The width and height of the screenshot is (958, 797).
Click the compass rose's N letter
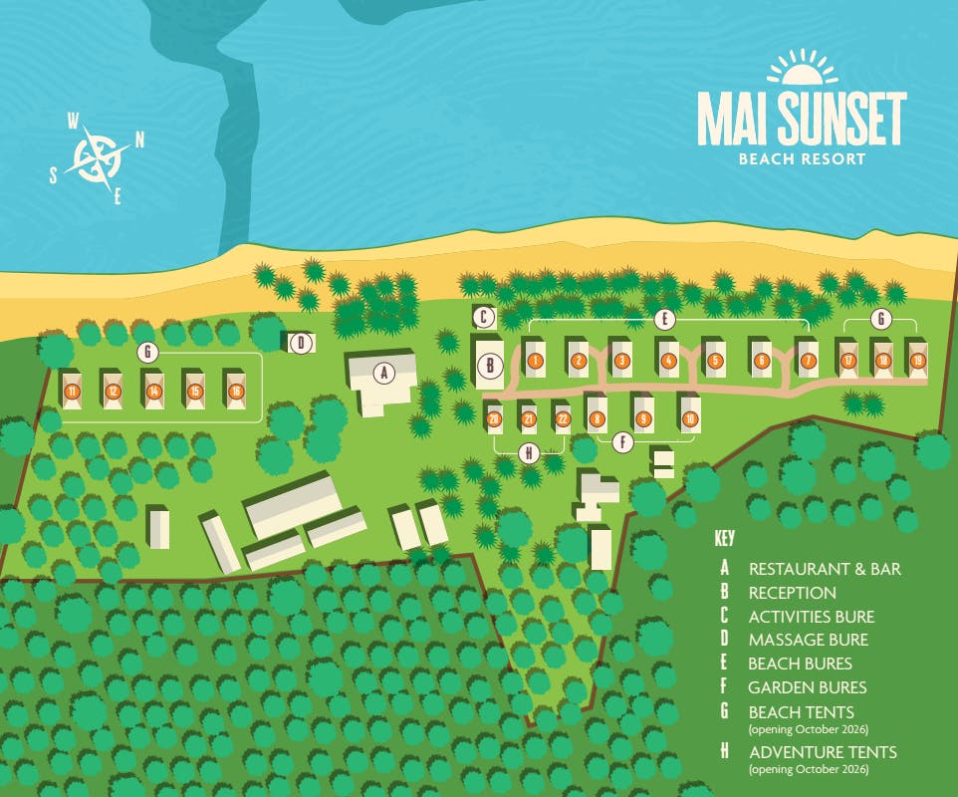(x=139, y=140)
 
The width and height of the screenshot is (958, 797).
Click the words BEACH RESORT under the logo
(x=801, y=157)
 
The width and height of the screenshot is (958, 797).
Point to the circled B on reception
(x=490, y=366)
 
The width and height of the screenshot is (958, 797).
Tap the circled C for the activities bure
(x=484, y=318)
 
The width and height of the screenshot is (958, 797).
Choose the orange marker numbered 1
(x=535, y=361)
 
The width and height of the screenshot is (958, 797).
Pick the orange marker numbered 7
(x=808, y=361)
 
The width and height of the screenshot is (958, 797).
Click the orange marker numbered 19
(x=917, y=361)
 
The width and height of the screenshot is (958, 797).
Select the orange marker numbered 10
(x=690, y=418)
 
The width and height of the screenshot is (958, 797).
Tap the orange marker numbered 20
(x=494, y=419)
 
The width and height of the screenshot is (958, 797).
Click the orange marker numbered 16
(x=235, y=392)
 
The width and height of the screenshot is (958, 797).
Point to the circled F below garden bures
(x=623, y=442)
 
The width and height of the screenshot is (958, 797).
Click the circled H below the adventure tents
(x=529, y=453)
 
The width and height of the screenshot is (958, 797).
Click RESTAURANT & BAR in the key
(x=824, y=569)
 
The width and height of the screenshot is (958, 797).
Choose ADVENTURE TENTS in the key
(x=822, y=752)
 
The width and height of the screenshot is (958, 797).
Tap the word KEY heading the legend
(x=725, y=538)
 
